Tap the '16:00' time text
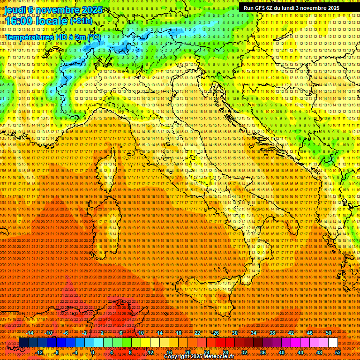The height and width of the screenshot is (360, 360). click(x=20, y=21)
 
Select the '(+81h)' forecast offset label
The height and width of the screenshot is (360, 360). click(x=82, y=21)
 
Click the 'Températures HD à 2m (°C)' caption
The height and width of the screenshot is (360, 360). click(x=53, y=37)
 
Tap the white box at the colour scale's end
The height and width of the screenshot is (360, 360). click(x=333, y=343)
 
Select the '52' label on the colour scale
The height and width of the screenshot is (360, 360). click(x=338, y=352)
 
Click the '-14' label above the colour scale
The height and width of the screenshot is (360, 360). click(x=30, y=333)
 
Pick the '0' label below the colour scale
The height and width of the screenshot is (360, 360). click(x=93, y=352)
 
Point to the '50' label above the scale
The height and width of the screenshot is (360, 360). click(x=329, y=333)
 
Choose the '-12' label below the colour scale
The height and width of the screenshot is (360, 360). click(x=39, y=352)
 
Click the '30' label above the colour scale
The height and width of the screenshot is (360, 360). click(x=234, y=333)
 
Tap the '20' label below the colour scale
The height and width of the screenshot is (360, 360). click(x=187, y=352)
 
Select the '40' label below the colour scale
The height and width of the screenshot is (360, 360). click(x=282, y=352)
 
